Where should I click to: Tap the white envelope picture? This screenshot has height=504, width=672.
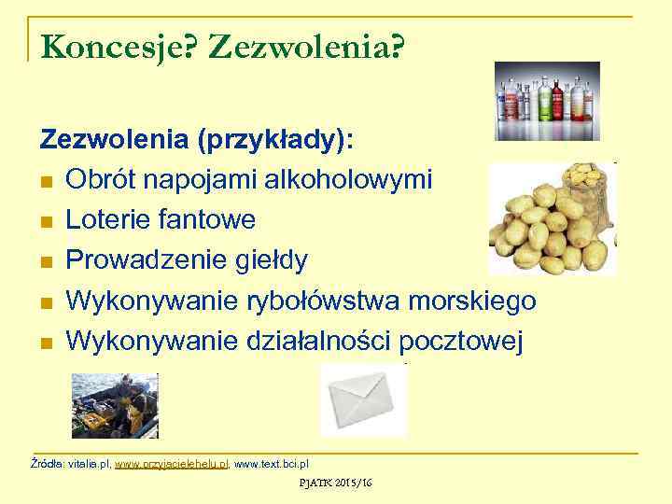pyautogui.click(x=363, y=399)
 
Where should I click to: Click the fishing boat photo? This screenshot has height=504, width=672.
pyautogui.click(x=115, y=406)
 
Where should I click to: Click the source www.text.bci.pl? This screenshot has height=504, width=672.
pyautogui.click(x=271, y=463)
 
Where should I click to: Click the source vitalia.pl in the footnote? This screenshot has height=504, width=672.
pyautogui.click(x=88, y=463)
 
